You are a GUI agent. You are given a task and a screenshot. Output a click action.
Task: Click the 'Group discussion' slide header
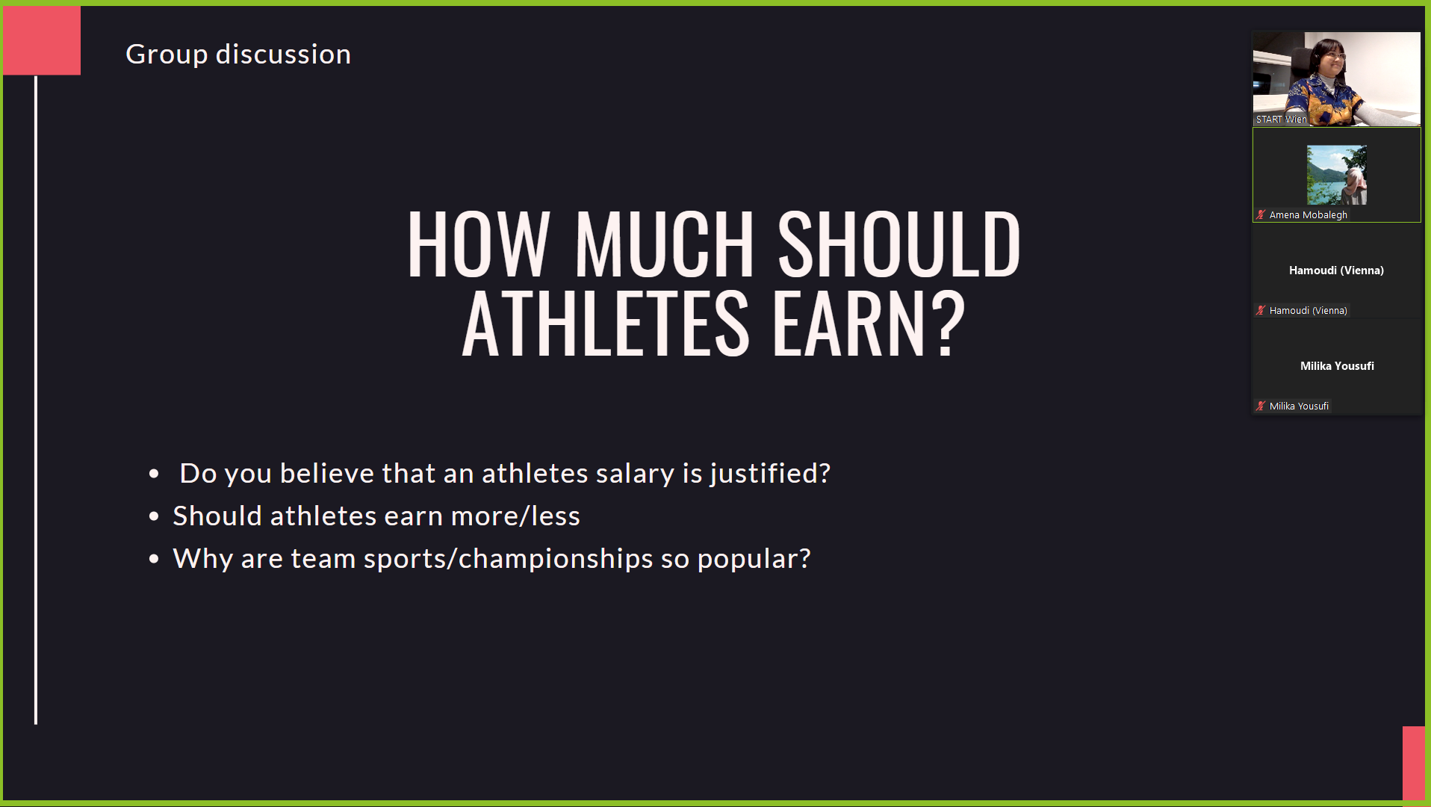pos(238,55)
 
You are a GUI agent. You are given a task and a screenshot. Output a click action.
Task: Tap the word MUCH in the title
pos(664,244)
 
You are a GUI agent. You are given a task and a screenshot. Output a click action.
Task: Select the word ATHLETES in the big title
pos(606,324)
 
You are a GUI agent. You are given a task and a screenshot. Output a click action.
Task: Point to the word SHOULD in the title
pos(899,244)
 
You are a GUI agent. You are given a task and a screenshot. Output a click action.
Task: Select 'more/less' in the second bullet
pos(515,516)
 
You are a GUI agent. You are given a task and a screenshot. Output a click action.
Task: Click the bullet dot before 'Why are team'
pos(154,559)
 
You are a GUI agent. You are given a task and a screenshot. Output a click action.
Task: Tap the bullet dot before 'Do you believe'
pos(154,474)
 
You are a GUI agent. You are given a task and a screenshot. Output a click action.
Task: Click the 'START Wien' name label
pos(1281,120)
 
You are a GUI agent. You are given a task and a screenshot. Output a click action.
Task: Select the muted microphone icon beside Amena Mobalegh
pos(1261,215)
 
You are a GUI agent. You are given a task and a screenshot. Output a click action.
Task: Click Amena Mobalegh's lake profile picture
pos(1337,176)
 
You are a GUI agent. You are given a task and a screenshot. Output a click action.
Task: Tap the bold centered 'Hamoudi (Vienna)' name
pos(1336,270)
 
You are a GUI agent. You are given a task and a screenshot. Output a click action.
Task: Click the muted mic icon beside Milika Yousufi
pos(1261,406)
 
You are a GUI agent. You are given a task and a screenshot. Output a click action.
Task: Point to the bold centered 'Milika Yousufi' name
pos(1337,366)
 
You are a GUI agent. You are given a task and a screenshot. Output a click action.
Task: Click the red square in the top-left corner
pos(42,40)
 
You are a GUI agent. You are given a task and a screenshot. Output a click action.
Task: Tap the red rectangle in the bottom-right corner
pos(1414,763)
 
